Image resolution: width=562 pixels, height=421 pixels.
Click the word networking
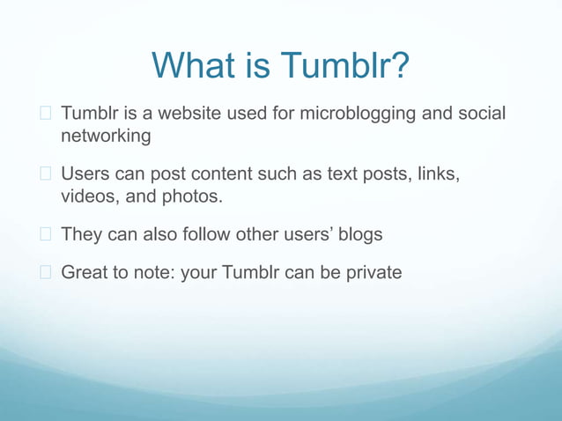[106, 137]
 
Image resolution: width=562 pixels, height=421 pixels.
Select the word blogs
[359, 234]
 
